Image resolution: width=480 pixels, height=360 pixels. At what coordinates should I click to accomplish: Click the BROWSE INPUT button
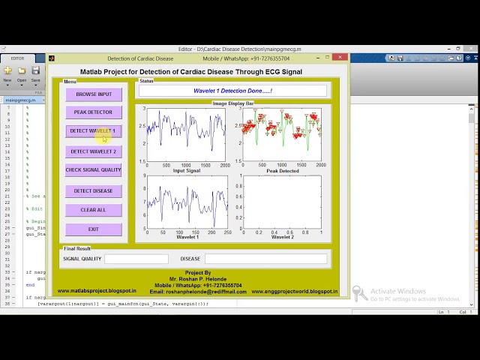pos(94,94)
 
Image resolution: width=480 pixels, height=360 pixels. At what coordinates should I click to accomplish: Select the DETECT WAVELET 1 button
pos(94,131)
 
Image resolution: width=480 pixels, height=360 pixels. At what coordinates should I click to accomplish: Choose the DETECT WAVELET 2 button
pos(94,151)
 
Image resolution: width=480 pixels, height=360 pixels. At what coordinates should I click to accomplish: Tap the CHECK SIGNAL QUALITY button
pos(94,170)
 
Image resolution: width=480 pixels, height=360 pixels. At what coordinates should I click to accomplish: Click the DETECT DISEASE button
pos(94,191)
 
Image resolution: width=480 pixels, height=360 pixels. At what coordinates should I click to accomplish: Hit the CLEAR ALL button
pos(94,210)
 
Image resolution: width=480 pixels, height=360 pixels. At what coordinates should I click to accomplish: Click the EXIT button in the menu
pos(94,229)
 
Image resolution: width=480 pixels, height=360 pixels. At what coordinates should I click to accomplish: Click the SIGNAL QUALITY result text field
pos(136,259)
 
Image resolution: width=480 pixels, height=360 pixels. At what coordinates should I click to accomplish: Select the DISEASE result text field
pos(265,259)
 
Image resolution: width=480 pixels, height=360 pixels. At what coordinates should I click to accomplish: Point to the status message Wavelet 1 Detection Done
pos(232,91)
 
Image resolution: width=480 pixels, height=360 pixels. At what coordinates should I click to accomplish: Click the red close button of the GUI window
pos(340,58)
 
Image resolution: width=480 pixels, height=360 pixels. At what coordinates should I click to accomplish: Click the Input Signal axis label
pos(187,171)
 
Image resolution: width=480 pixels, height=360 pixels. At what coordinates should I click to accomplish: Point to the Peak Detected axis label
pos(282,171)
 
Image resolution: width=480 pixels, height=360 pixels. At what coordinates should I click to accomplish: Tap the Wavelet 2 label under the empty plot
pos(282,237)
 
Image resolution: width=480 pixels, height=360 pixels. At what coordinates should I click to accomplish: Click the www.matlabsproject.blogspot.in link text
pos(97,291)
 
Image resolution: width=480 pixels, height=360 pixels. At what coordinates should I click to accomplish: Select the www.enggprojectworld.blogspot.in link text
pos(294,291)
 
